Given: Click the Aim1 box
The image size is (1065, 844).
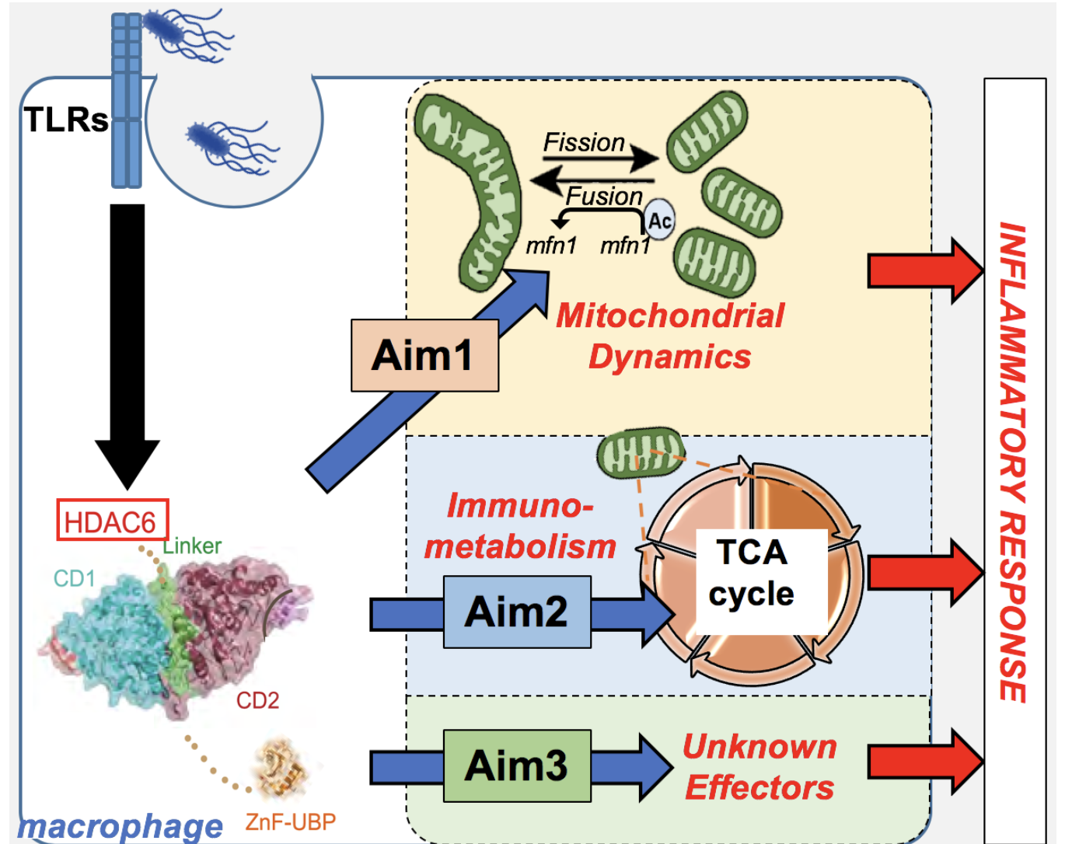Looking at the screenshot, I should point(424,355).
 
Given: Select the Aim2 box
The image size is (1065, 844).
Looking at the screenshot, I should point(517,612).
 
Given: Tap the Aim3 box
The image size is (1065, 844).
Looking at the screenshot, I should point(517,766).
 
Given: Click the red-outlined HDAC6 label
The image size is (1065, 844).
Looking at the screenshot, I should point(112,521).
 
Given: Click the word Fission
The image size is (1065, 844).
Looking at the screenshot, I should point(584,143).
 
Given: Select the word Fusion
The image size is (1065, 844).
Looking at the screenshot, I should point(605,196).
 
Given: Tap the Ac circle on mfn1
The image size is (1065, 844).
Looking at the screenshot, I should point(659,221).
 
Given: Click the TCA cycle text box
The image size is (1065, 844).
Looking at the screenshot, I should point(752,574).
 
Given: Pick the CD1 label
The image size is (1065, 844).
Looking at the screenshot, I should point(75,578).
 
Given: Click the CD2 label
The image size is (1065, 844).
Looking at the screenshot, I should point(257,700).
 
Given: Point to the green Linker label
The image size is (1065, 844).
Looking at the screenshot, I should point(192,546).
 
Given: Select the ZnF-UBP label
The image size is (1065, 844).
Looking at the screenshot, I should point(291,821).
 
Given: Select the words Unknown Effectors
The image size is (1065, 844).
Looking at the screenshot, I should point(759,767).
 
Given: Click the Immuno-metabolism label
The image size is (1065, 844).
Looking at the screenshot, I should point(519,527).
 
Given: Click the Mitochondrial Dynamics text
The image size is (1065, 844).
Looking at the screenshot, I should point(670,337).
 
